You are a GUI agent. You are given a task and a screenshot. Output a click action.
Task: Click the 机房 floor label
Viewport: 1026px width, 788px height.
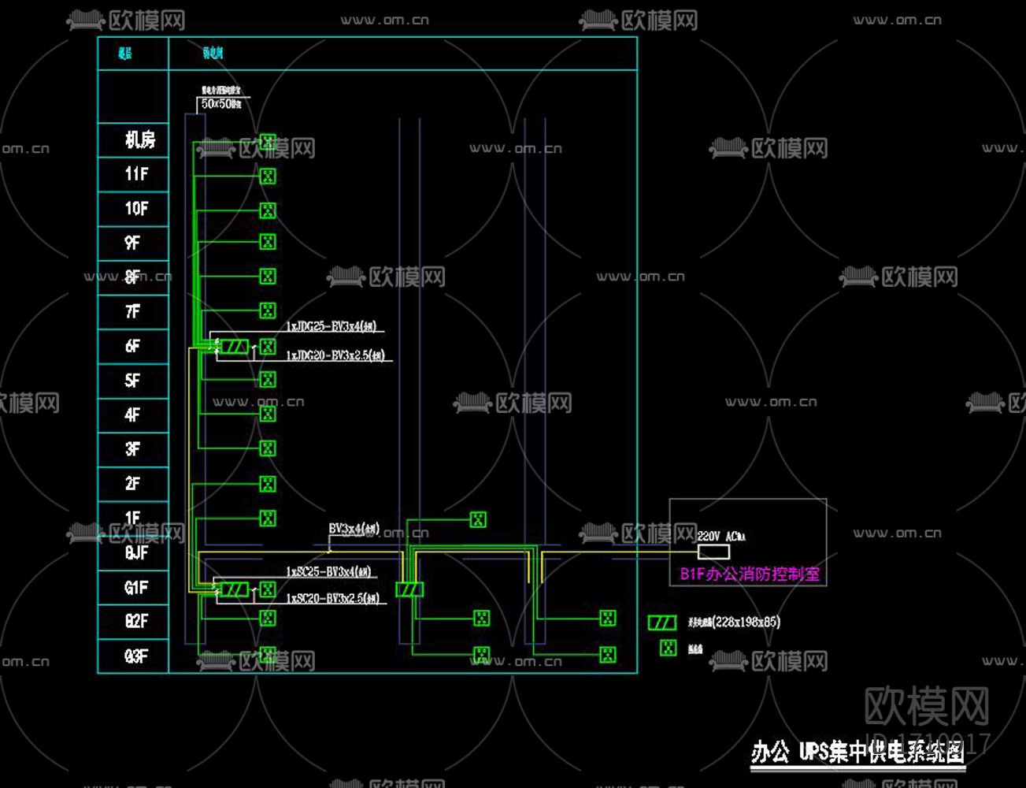click(139, 140)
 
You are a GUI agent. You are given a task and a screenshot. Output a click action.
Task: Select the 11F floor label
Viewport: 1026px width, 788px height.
click(135, 174)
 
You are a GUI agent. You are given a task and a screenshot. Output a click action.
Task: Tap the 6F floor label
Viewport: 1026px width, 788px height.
click(132, 346)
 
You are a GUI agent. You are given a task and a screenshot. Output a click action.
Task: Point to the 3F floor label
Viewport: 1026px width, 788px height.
click(132, 449)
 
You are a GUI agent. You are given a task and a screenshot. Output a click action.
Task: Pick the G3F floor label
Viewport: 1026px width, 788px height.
click(135, 656)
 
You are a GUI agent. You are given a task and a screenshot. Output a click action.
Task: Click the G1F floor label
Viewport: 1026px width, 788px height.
click(135, 587)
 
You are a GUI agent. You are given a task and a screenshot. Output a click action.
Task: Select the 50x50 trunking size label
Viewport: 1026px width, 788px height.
click(220, 104)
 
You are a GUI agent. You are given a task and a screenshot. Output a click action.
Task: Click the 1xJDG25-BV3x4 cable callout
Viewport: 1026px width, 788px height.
click(331, 326)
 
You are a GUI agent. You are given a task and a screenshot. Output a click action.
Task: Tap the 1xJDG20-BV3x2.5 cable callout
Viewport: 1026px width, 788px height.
click(335, 356)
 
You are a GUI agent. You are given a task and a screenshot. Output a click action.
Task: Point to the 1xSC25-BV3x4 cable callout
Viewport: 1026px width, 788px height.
click(328, 572)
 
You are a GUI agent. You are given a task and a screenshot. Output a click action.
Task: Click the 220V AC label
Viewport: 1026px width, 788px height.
click(720, 537)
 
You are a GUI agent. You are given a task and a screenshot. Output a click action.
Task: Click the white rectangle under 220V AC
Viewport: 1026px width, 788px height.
click(713, 552)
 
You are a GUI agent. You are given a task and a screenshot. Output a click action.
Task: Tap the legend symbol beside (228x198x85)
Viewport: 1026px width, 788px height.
click(662, 623)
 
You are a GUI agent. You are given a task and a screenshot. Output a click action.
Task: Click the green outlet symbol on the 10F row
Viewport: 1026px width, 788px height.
click(269, 210)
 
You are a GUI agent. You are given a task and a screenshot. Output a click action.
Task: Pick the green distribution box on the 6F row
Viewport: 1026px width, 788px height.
click(234, 347)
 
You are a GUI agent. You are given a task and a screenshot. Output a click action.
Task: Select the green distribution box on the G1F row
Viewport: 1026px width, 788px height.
click(234, 589)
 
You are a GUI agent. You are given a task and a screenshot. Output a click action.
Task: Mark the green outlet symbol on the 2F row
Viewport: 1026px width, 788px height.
click(269, 484)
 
